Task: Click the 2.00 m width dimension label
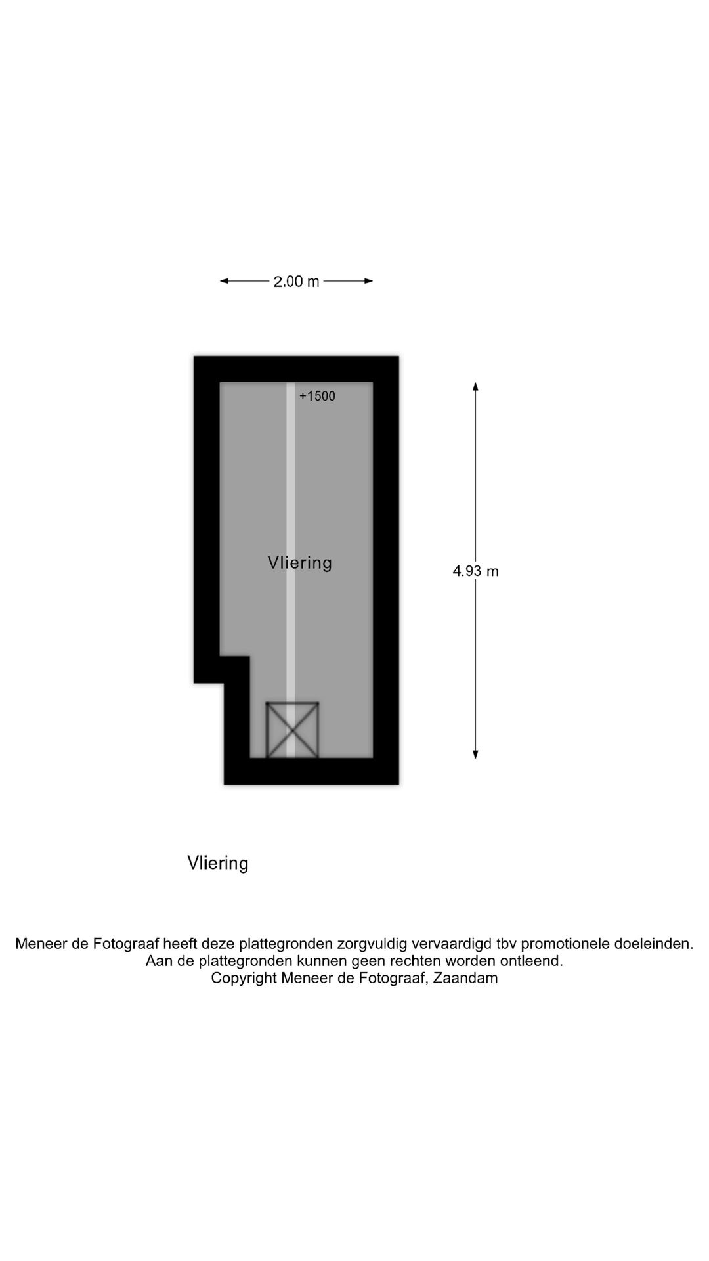pyautogui.click(x=296, y=282)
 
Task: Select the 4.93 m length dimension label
pyautogui.click(x=475, y=571)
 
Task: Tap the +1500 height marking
pyautogui.click(x=317, y=396)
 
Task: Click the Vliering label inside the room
pyautogui.click(x=300, y=563)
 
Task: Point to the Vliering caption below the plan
pyautogui.click(x=218, y=863)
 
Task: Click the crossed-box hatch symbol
pyautogui.click(x=292, y=730)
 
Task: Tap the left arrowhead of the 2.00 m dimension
pyautogui.click(x=224, y=281)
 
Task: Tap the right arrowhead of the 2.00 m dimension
pyautogui.click(x=369, y=281)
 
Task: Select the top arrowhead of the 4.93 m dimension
pyautogui.click(x=475, y=386)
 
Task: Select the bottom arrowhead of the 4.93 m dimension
pyautogui.click(x=475, y=754)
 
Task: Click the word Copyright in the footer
pyautogui.click(x=244, y=979)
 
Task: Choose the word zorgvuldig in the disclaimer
pyautogui.click(x=372, y=944)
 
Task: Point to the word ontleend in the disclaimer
pyautogui.click(x=532, y=962)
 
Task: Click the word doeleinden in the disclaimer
pyautogui.click(x=653, y=944)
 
